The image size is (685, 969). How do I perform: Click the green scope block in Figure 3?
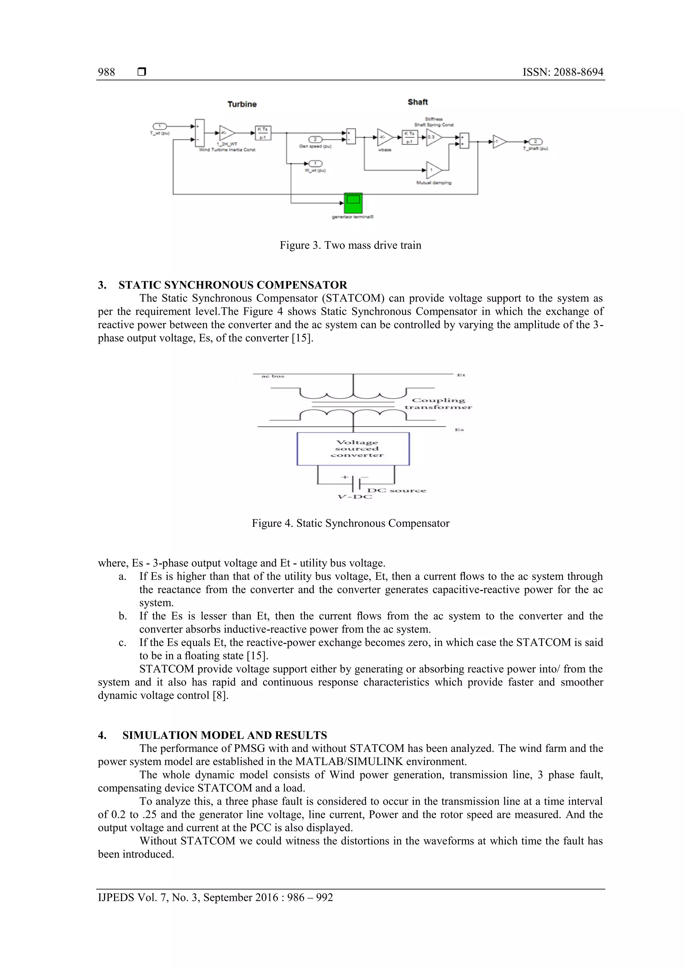tap(353, 203)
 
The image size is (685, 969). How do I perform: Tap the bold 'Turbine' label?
tap(242, 104)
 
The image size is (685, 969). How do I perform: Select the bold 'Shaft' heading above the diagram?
tap(417, 102)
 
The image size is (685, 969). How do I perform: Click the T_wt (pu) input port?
tap(160, 126)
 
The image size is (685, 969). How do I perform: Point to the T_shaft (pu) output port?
tap(535, 142)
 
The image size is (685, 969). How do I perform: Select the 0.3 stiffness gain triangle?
tap(433, 137)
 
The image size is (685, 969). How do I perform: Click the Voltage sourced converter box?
tap(353, 449)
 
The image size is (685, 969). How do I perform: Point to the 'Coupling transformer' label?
tap(438, 403)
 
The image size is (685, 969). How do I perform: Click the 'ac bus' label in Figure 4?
tap(273, 376)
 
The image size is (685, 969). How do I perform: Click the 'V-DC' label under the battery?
tap(355, 497)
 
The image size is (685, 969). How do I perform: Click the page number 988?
tap(106, 72)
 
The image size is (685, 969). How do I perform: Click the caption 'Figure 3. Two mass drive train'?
tap(350, 245)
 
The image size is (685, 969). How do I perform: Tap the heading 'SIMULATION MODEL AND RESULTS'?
tap(224, 735)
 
